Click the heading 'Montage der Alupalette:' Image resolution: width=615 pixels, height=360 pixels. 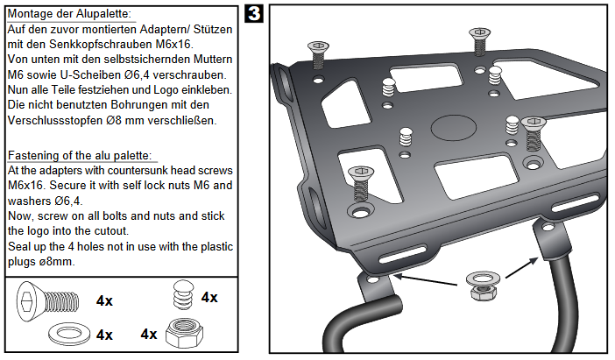[x=70, y=14]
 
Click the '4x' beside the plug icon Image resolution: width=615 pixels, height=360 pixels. [x=209, y=297]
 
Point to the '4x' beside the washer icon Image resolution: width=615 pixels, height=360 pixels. [x=104, y=335]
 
